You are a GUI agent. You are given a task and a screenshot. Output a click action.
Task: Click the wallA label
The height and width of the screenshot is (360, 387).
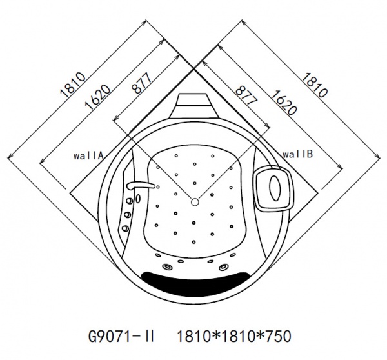point(89,155)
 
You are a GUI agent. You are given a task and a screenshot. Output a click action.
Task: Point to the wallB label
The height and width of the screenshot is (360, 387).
point(298,155)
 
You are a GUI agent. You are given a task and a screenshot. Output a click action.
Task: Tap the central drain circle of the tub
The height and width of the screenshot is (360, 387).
point(194,203)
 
